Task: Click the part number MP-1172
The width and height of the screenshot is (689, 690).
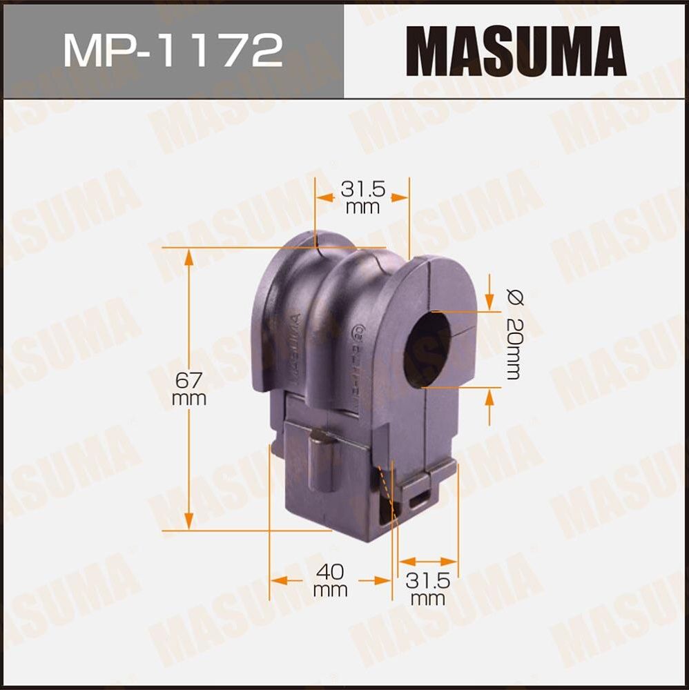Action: coord(173,50)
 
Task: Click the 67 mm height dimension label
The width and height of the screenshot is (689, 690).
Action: coord(189,388)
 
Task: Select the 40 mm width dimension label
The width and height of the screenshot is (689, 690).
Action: coord(329,580)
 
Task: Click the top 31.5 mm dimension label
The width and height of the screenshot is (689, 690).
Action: coord(362,196)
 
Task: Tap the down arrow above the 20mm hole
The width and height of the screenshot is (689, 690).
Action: coord(489,301)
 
